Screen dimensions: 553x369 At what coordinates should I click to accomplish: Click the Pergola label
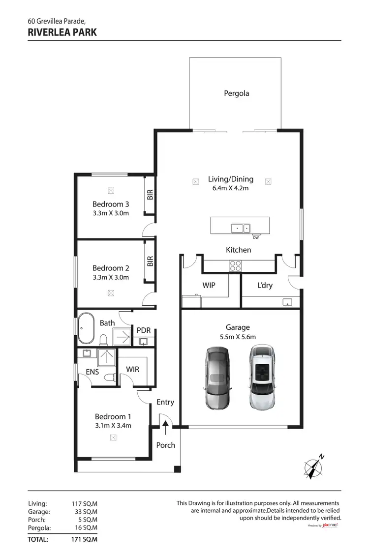tap(237, 93)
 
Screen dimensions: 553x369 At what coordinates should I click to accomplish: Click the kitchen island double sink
tap(241, 228)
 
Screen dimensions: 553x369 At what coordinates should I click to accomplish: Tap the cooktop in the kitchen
tap(236, 265)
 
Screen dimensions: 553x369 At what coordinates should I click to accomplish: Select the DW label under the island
tap(255, 238)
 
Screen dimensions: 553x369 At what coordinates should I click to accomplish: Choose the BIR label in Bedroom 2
tap(151, 261)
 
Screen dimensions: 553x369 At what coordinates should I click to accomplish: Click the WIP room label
tap(209, 285)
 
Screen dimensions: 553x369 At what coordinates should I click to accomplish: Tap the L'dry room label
tap(265, 285)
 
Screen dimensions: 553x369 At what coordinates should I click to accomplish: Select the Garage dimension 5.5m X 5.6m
tap(238, 337)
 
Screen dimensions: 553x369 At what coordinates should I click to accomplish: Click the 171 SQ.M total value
tap(85, 539)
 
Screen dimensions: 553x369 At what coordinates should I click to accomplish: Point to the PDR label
tap(143, 330)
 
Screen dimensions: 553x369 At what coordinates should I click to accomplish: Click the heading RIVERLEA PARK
tap(62, 32)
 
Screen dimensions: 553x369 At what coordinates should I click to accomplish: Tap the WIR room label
tap(132, 369)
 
